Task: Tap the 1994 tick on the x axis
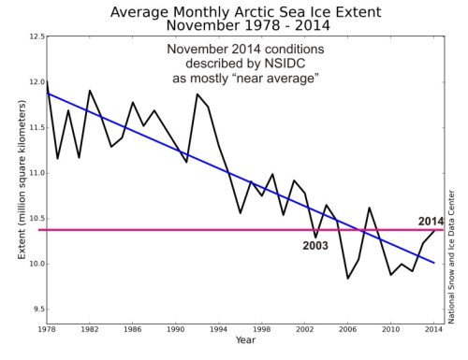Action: click(218, 332)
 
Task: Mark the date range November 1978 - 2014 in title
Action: click(240, 27)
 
